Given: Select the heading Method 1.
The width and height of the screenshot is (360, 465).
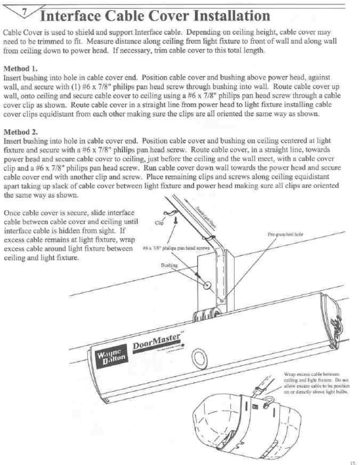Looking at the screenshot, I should pyautogui.click(x=20, y=68).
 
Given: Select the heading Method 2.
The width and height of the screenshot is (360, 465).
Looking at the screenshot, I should pyautogui.click(x=20, y=132).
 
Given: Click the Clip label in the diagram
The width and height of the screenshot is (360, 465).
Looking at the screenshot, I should pyautogui.click(x=159, y=223).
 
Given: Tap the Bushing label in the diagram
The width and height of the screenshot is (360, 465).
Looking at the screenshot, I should pyautogui.click(x=169, y=265).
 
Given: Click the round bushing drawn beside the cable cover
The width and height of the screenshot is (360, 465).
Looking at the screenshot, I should pyautogui.click(x=206, y=286).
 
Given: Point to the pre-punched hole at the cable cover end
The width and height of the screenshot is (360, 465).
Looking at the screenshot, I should pyautogui.click(x=222, y=301).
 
